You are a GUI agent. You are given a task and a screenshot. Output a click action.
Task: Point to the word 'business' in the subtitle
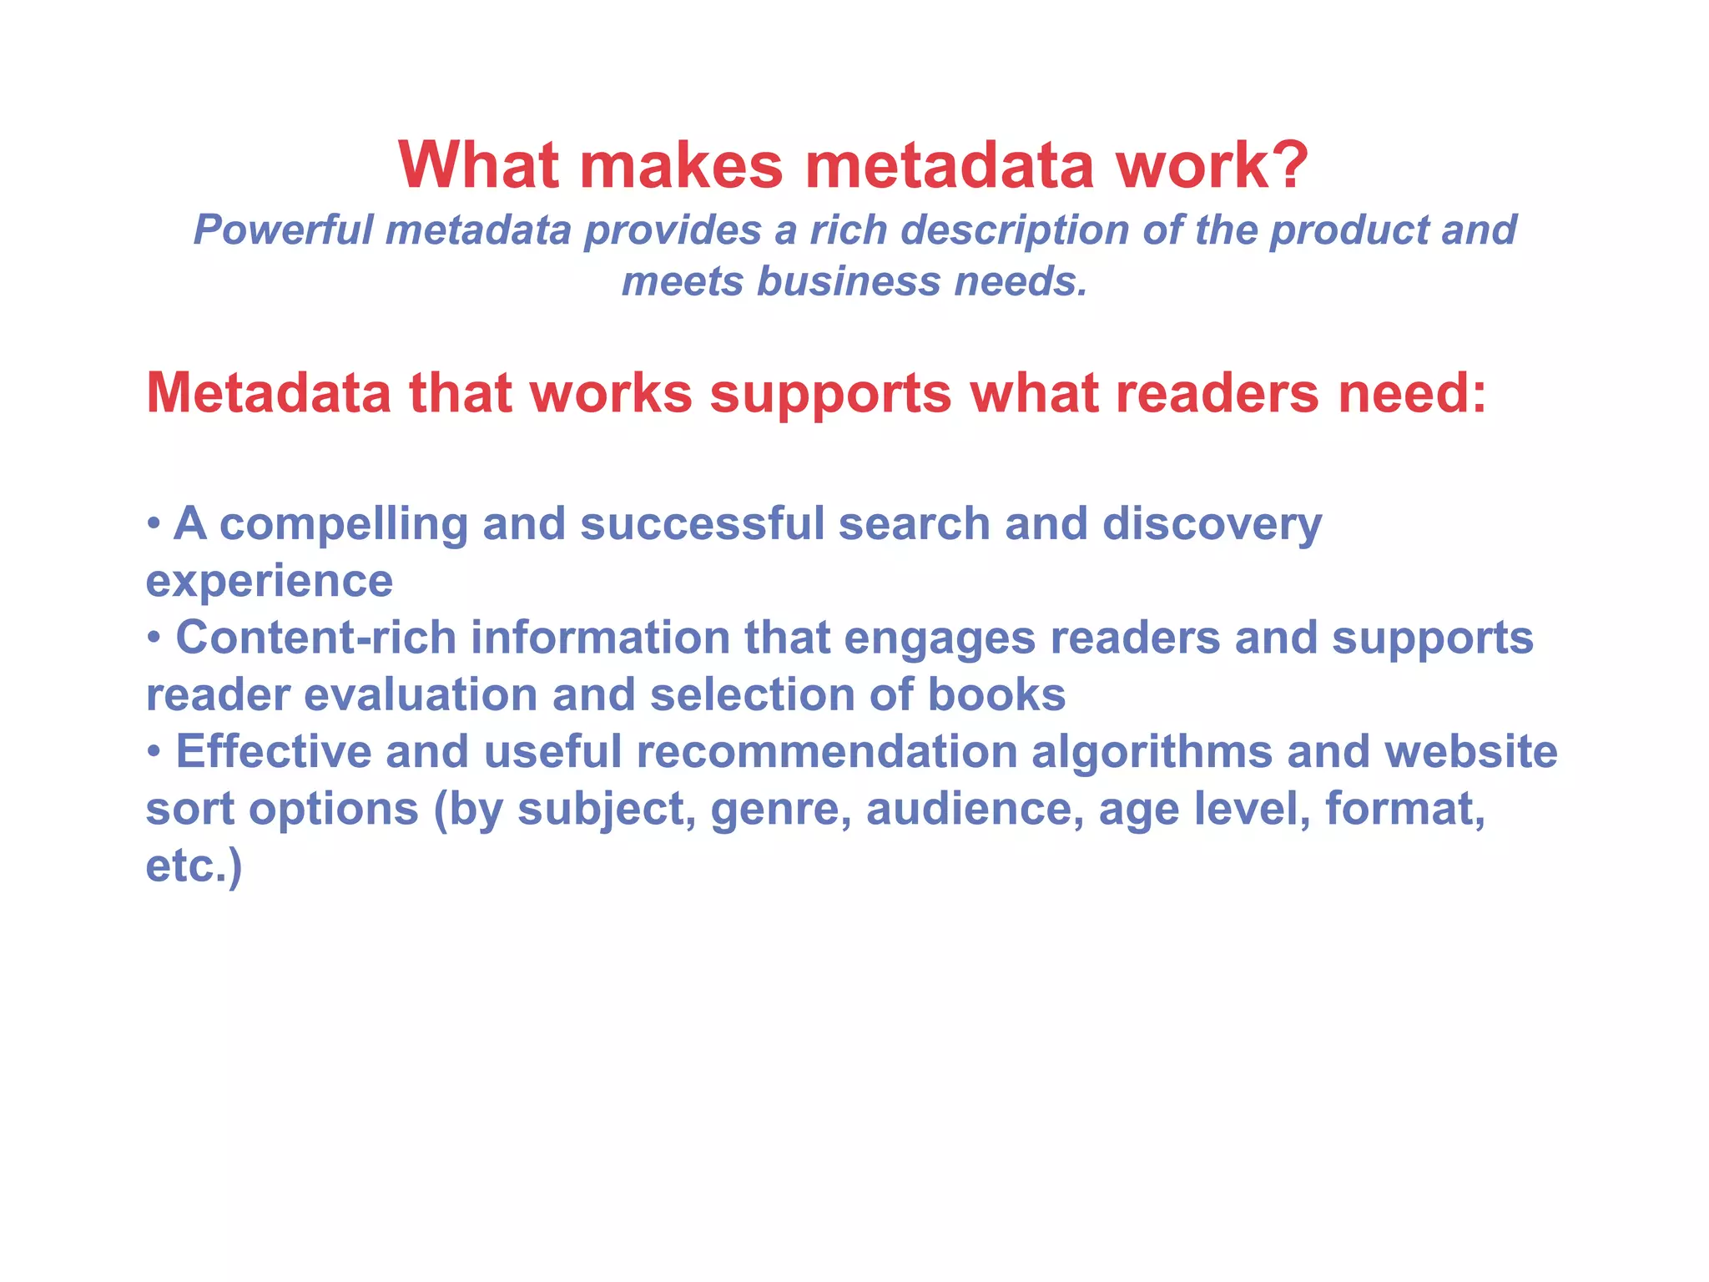[x=849, y=281]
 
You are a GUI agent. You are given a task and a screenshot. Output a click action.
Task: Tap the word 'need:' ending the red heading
[x=1412, y=392]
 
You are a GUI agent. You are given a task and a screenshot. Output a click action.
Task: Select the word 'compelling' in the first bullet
[x=343, y=525]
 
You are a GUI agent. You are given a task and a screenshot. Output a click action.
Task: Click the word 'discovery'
[x=1212, y=525]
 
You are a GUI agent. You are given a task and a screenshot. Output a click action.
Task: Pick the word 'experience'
[x=269, y=582]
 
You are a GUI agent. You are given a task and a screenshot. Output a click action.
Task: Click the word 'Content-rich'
[x=315, y=638]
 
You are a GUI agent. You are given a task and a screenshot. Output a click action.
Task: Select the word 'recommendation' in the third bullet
[x=826, y=751]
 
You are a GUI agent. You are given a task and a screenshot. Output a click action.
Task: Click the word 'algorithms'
[x=1152, y=753]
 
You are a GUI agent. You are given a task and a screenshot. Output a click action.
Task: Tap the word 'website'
[x=1470, y=751]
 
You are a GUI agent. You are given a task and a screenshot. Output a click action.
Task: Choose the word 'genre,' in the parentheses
[x=780, y=810]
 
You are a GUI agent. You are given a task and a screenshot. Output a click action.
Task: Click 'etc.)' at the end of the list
[x=194, y=866]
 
